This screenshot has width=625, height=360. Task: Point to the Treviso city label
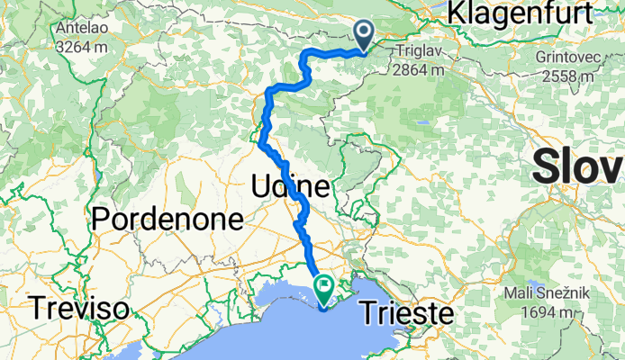77,309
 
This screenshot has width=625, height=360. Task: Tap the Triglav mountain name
419,53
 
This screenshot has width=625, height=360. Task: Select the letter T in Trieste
368,313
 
